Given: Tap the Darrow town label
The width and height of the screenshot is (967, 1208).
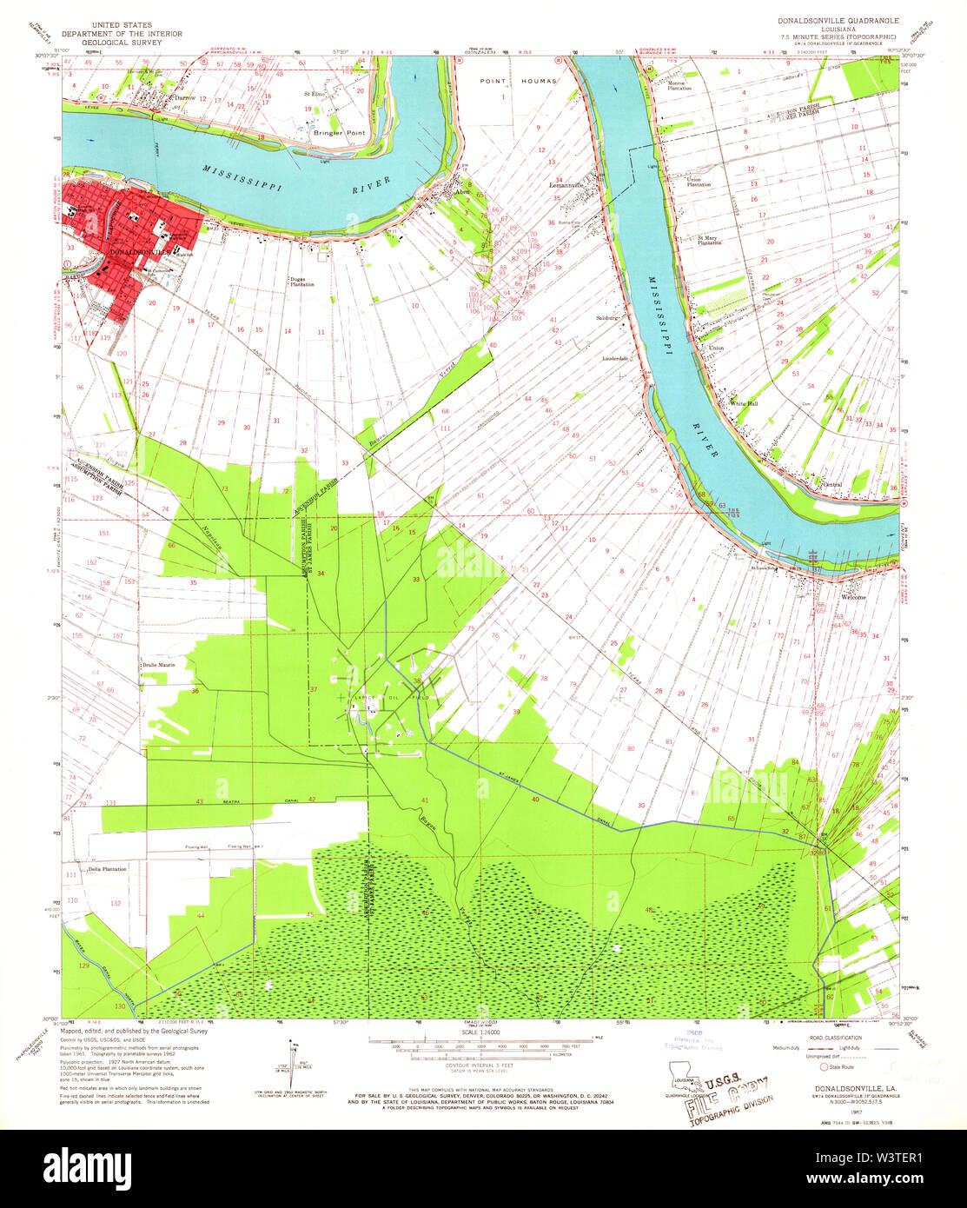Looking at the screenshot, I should click(x=183, y=98).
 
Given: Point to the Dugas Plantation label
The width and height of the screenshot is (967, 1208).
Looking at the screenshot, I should click(x=301, y=282).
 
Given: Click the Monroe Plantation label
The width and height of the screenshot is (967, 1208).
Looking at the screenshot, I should click(x=680, y=86).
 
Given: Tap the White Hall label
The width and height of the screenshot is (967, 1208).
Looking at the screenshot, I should click(x=743, y=403).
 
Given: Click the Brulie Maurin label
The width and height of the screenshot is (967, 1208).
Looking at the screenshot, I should click(x=159, y=665).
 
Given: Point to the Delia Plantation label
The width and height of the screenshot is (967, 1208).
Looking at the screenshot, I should click(x=107, y=868).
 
